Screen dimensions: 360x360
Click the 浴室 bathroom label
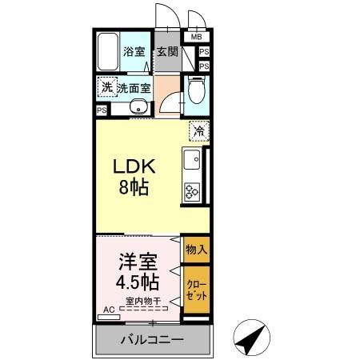point(134,53)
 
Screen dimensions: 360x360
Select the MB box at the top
point(196,37)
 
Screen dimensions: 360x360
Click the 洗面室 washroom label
point(134,89)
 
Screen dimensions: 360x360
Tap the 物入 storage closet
point(196,250)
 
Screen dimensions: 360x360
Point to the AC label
point(108,308)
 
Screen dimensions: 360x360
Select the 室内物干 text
point(142,302)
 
